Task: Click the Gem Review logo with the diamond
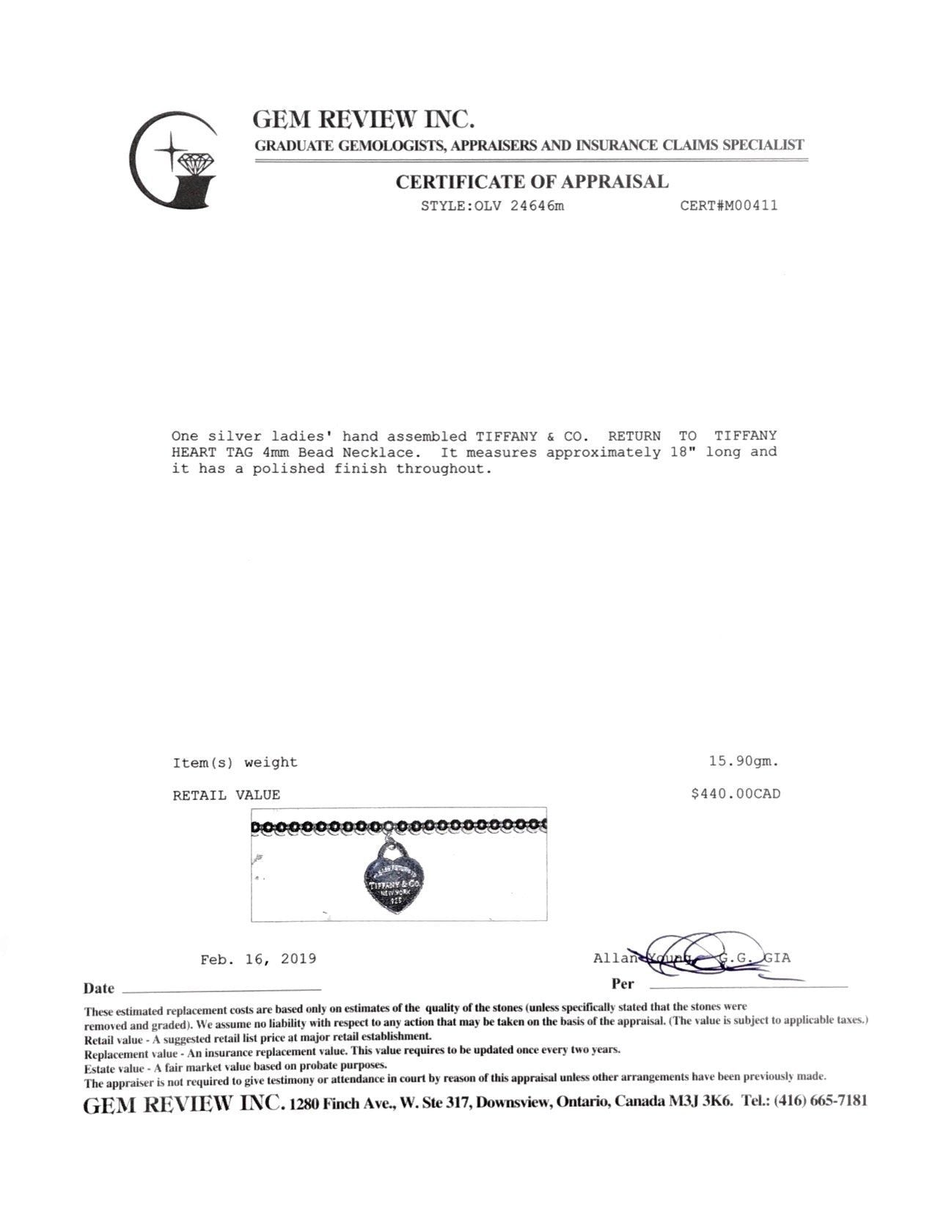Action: (173, 163)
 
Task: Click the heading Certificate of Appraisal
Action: (532, 182)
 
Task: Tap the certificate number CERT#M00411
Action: (728, 206)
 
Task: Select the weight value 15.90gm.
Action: (743, 762)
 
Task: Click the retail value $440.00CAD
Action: (735, 793)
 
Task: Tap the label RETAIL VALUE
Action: (226, 795)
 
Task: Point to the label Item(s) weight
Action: (235, 763)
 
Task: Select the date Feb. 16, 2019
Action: (258, 959)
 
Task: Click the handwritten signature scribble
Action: (697, 957)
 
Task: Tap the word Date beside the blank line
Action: (98, 989)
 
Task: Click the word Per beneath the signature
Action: (622, 984)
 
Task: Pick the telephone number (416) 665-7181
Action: (824, 1101)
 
